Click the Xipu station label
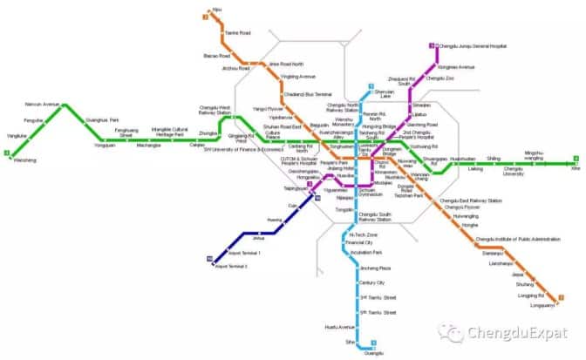pyautogui.click(x=217, y=9)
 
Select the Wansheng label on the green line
pyautogui.click(x=24, y=160)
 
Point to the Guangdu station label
pyautogui.click(x=372, y=352)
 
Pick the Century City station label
pyautogui.click(x=372, y=282)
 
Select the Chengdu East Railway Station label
pyautogui.click(x=471, y=200)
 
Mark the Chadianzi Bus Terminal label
pyautogui.click(x=312, y=93)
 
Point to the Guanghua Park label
pyautogui.click(x=103, y=119)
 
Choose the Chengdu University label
pyautogui.click(x=514, y=171)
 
